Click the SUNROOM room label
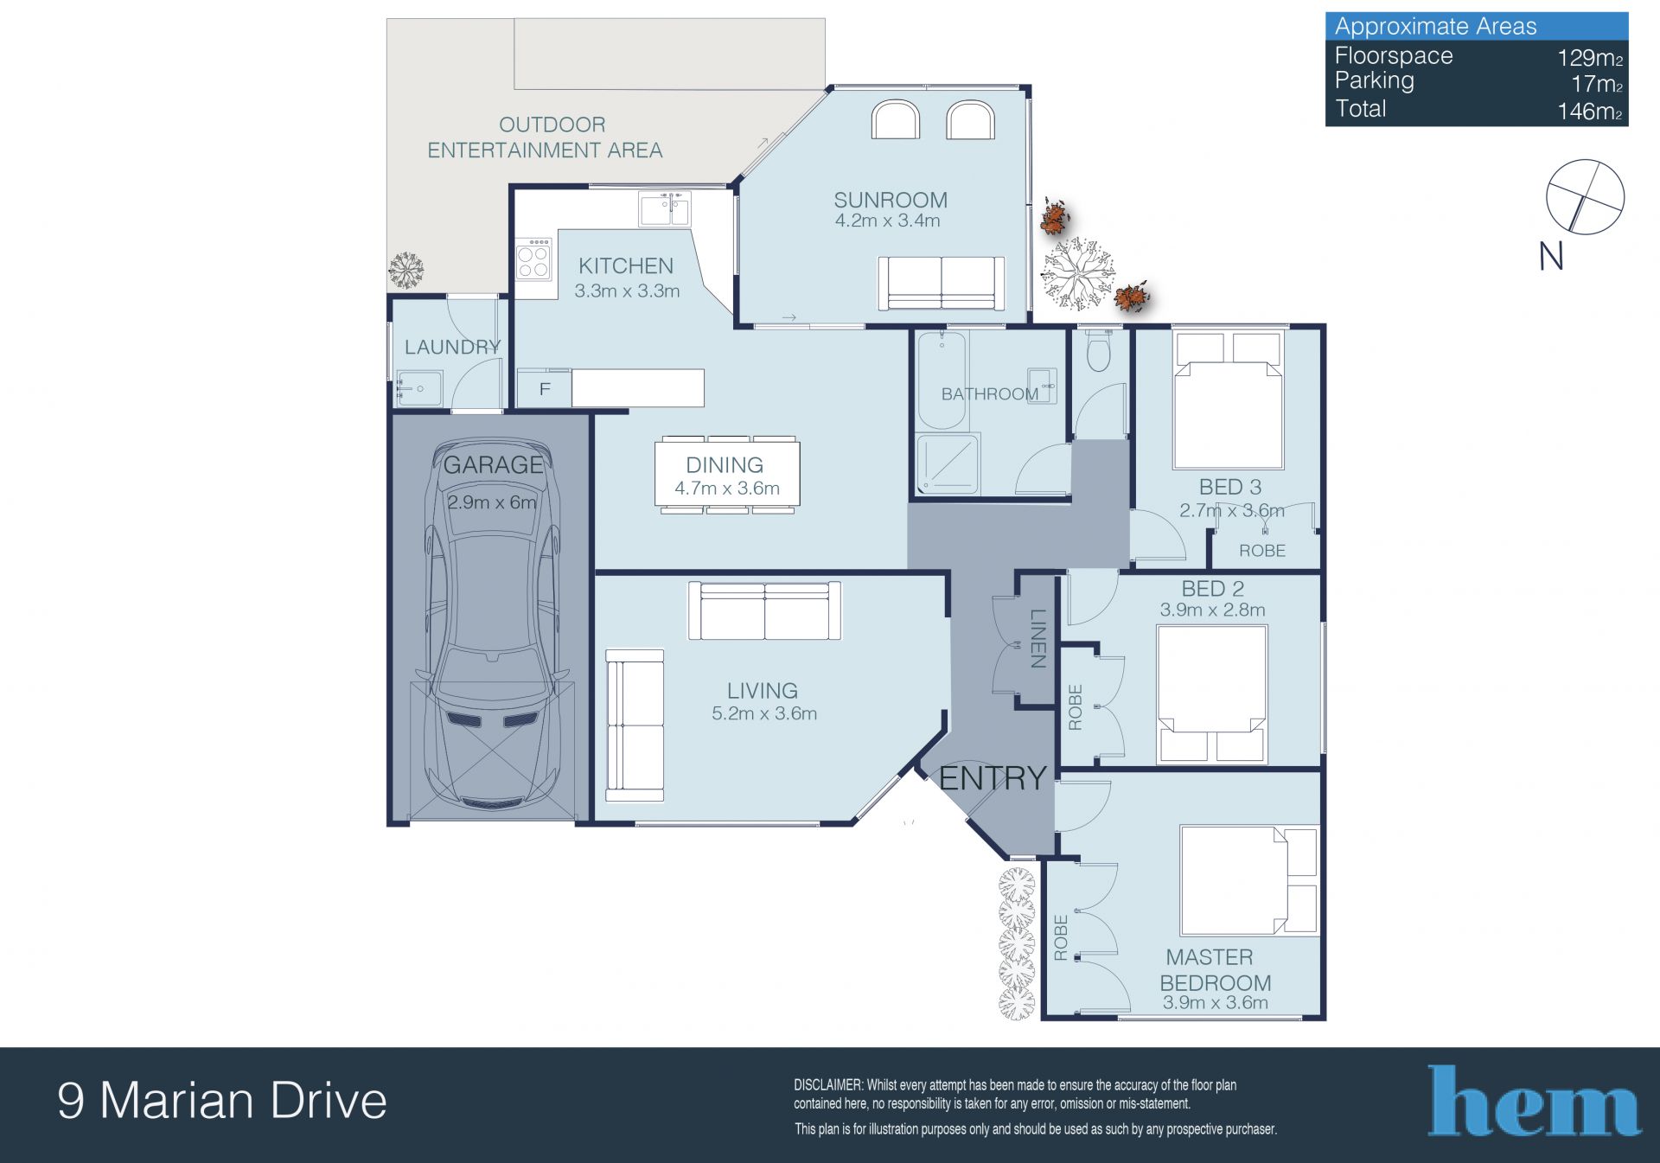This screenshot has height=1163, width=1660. tap(890, 200)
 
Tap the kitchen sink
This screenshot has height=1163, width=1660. tap(664, 209)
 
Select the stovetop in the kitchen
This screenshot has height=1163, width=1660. tap(533, 259)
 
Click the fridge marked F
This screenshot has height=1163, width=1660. tap(544, 388)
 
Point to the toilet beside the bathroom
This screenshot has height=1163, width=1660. tap(1098, 349)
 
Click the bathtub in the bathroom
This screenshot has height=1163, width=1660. tap(941, 380)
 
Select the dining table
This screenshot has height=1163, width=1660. tap(727, 474)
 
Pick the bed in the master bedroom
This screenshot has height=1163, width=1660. tap(1248, 880)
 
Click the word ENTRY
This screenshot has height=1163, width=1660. tap(993, 778)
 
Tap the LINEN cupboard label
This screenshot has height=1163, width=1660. tap(1038, 638)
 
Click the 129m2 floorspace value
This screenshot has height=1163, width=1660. tap(1590, 58)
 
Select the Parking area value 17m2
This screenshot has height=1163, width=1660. tap(1596, 84)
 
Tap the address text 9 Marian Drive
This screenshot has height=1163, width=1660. tap(222, 1101)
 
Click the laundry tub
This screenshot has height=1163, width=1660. tap(419, 389)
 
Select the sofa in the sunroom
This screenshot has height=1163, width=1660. tap(942, 283)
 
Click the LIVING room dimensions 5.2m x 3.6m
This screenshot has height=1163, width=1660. tap(764, 713)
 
